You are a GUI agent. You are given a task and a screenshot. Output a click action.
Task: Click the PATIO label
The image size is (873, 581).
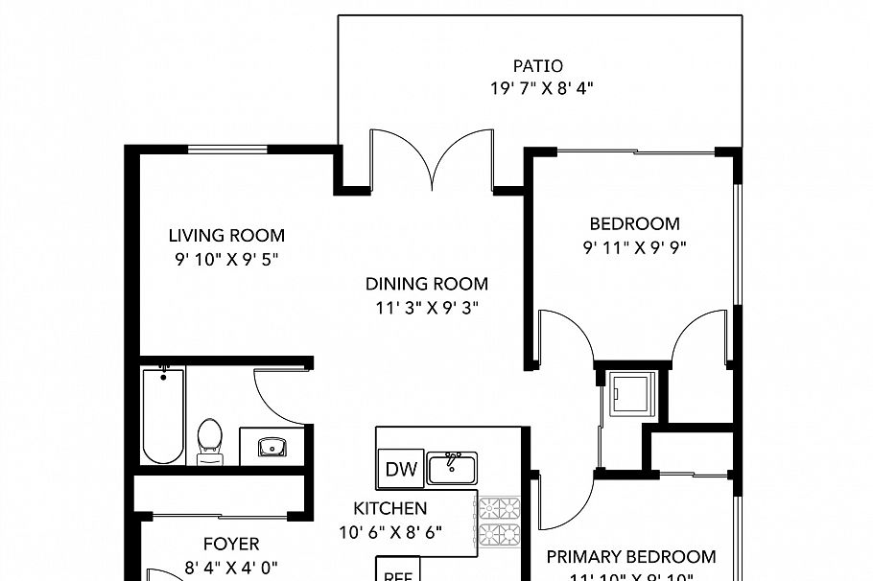(x=537, y=66)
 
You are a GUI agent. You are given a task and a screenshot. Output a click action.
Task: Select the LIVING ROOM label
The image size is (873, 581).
(x=226, y=235)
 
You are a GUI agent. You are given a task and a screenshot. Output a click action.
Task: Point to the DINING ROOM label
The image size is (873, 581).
(x=427, y=284)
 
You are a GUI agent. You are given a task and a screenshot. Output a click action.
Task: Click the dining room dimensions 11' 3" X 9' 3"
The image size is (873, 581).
(x=427, y=307)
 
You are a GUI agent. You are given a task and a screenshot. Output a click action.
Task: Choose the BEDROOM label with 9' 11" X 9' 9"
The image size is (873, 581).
(x=634, y=224)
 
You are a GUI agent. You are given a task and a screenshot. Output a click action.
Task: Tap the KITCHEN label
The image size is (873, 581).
(x=389, y=508)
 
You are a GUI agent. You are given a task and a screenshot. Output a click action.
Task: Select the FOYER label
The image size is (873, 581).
(x=231, y=545)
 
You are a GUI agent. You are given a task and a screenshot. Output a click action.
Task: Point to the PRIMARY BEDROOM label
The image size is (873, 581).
(x=631, y=556)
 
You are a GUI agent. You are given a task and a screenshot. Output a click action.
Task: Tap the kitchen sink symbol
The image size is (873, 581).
(x=452, y=468)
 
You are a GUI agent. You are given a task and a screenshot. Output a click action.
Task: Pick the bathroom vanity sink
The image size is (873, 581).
(x=272, y=447)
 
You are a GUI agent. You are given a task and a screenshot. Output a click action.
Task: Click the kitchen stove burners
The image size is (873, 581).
(x=498, y=522)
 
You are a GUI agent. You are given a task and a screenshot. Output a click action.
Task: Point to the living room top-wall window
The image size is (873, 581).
(x=226, y=149)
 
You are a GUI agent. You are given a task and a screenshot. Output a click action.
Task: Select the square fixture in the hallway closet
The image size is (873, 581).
(x=631, y=394)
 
